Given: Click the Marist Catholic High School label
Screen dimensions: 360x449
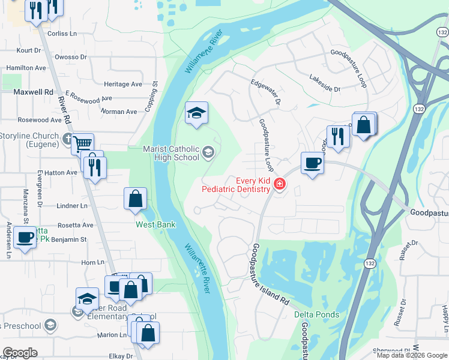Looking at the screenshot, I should click(x=171, y=153).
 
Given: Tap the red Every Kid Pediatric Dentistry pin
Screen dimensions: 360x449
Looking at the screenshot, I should click(x=279, y=184).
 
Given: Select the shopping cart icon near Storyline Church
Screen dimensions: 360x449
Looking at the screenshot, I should click(x=82, y=143).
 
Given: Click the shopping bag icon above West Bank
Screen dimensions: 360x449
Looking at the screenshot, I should click(x=136, y=198).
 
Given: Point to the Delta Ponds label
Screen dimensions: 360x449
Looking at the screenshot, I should click(x=316, y=315).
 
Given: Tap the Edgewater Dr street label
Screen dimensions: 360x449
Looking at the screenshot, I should click(x=266, y=93).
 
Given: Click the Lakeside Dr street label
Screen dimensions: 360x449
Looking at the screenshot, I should click(x=325, y=83).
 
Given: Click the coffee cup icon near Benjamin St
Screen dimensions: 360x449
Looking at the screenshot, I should click(x=25, y=238).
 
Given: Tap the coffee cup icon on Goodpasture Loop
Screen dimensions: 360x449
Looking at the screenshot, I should click(x=312, y=163).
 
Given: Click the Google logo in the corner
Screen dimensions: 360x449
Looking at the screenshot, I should click(x=20, y=353).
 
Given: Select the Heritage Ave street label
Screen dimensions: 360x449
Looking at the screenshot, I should click(x=123, y=85).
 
